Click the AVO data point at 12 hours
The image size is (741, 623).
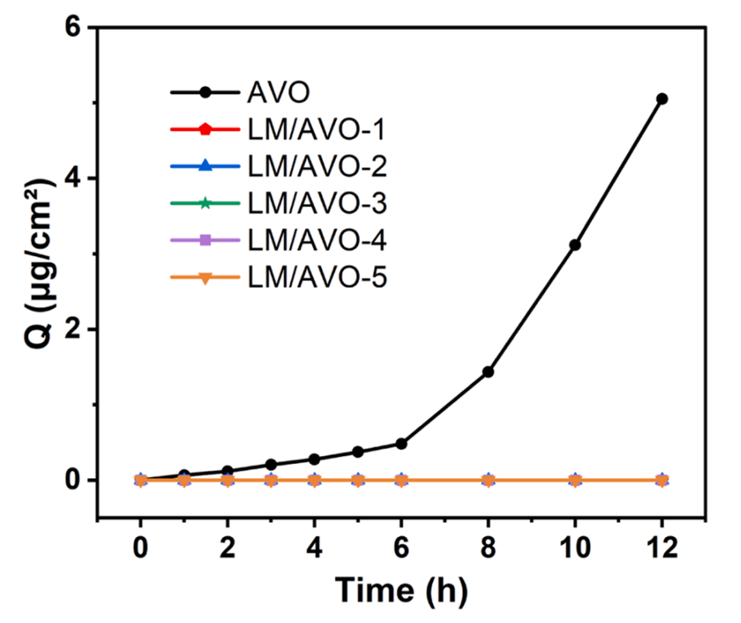point(662,99)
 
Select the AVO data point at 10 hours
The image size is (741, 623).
point(575,245)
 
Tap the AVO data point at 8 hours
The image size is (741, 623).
point(488,372)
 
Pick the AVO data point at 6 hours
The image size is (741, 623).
point(401,444)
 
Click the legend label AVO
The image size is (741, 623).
point(279,92)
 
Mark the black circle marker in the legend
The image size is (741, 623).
point(205,92)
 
